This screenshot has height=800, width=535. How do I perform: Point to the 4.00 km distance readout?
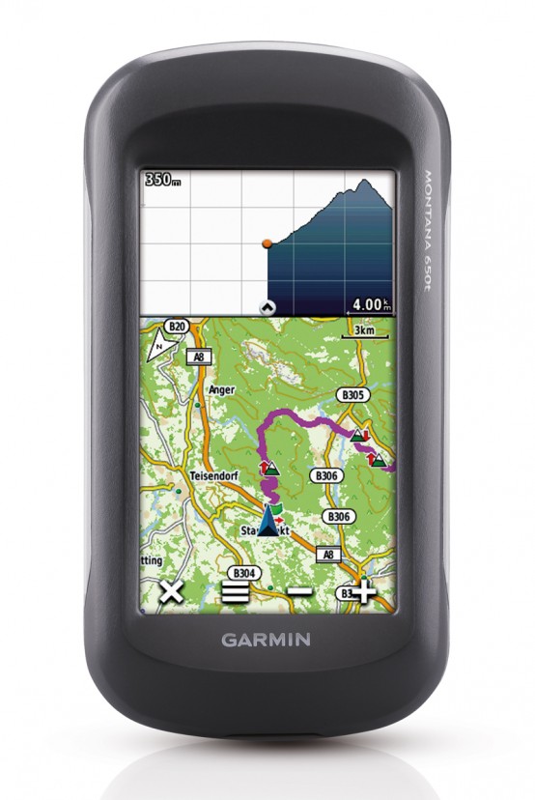coord(372,303)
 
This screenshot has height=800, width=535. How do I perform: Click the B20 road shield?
coord(177,328)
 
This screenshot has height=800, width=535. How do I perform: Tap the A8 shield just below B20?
coord(199,357)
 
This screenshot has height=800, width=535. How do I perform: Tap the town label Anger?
coord(221,390)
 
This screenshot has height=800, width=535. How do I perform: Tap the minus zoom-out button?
coord(300,591)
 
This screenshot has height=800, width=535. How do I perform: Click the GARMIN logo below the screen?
coord(267,639)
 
